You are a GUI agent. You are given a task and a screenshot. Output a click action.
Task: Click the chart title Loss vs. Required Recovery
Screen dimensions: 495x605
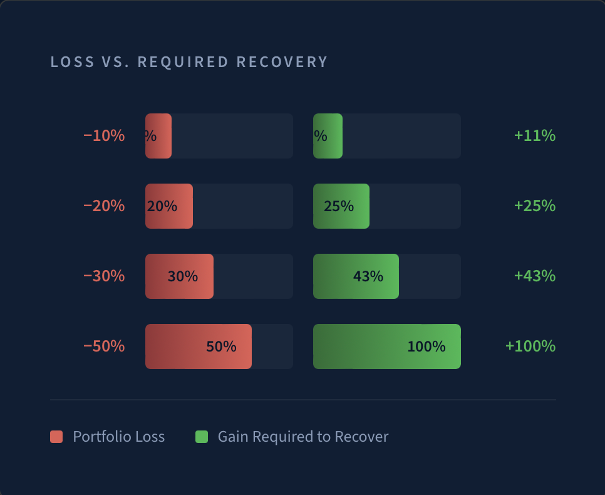pyautogui.click(x=189, y=62)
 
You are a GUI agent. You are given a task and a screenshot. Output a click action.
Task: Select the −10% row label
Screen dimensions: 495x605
pyautogui.click(x=104, y=135)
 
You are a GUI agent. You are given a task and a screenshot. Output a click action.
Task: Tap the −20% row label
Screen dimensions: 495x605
pyautogui.click(x=104, y=206)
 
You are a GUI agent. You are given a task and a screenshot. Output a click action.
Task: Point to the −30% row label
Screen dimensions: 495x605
pyautogui.click(x=104, y=276)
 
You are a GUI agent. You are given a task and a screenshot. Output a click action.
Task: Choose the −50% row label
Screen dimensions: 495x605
pyautogui.click(x=104, y=346)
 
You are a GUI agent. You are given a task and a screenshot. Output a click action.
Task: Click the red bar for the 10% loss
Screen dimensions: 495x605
pyautogui.click(x=158, y=136)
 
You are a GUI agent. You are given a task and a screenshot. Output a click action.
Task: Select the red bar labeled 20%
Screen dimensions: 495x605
pyautogui.click(x=169, y=206)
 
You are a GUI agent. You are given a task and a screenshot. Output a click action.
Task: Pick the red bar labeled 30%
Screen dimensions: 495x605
pyautogui.click(x=179, y=276)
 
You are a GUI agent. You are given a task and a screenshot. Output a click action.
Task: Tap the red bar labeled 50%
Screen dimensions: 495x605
pyautogui.click(x=199, y=346)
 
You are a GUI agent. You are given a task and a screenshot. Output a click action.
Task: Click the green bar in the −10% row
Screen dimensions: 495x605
pyautogui.click(x=328, y=136)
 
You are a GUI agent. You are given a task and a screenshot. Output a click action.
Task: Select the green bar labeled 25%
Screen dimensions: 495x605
pyautogui.click(x=341, y=206)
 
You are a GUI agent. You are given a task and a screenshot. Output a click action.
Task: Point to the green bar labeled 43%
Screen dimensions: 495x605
pyautogui.click(x=356, y=276)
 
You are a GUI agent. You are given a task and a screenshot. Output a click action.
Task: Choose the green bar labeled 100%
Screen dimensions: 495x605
pyautogui.click(x=387, y=346)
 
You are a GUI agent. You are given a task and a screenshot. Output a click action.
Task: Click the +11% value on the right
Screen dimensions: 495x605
pyautogui.click(x=534, y=135)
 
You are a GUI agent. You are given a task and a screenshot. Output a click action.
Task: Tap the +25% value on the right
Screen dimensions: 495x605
pyautogui.click(x=534, y=206)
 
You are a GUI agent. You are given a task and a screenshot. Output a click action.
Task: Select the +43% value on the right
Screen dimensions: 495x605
pyautogui.click(x=534, y=276)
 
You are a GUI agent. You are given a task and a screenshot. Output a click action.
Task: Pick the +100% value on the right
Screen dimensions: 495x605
pyautogui.click(x=530, y=346)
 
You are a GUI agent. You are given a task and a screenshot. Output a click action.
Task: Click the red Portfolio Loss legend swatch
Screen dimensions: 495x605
pyautogui.click(x=56, y=437)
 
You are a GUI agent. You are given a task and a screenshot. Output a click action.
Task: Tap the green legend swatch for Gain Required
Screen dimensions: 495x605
pyautogui.click(x=202, y=437)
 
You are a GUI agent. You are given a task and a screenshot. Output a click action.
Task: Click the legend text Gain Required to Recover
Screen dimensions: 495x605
pyautogui.click(x=303, y=437)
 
